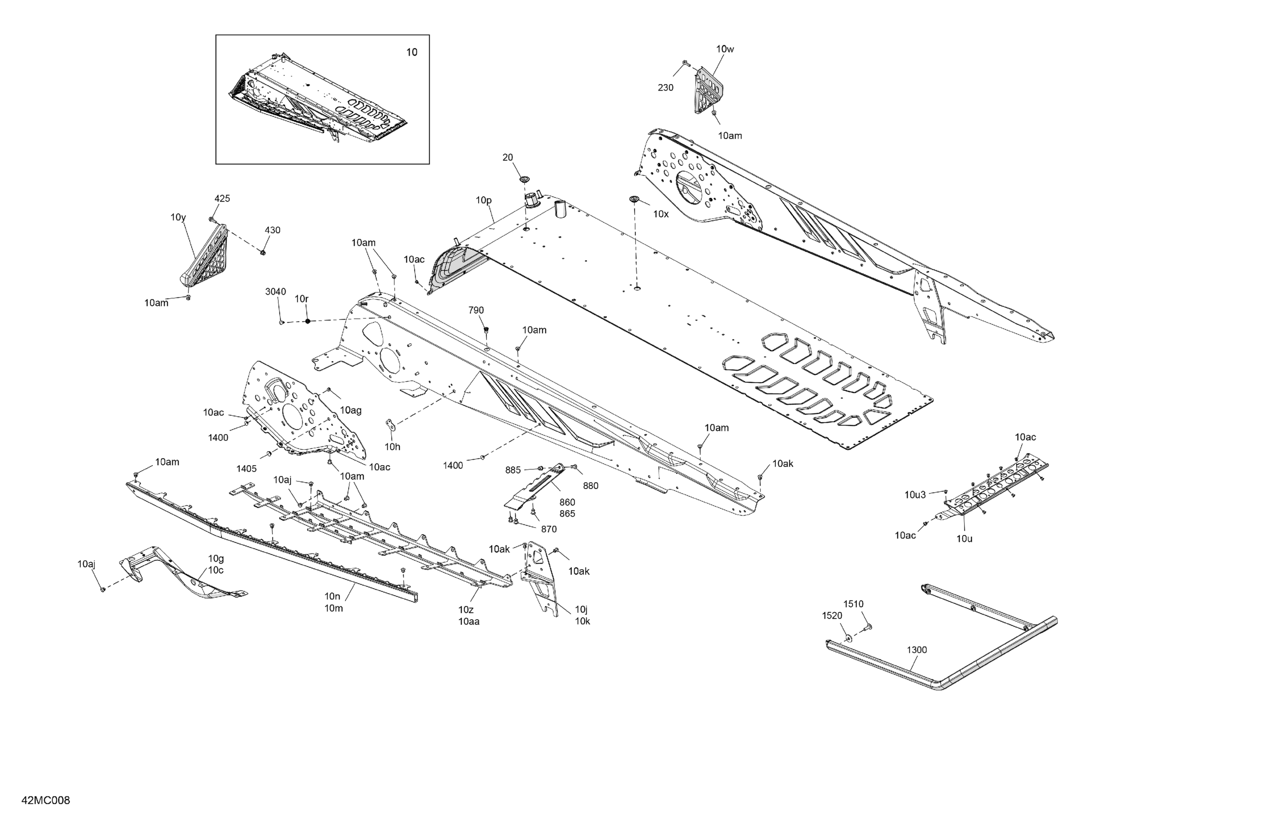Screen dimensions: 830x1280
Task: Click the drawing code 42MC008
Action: click(x=46, y=801)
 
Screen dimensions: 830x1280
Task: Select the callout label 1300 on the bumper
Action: click(x=916, y=650)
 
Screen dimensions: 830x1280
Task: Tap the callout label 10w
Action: click(x=724, y=49)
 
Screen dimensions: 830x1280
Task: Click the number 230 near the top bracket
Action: click(x=665, y=87)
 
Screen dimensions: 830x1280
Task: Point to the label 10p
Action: click(x=483, y=200)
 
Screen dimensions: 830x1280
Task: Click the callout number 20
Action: click(x=508, y=157)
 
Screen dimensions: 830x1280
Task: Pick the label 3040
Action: click(x=275, y=291)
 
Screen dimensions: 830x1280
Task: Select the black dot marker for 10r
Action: click(x=308, y=321)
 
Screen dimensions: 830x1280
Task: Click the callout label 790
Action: click(x=476, y=310)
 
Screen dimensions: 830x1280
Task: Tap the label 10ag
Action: click(x=351, y=411)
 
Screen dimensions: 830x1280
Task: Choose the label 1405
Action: click(x=246, y=469)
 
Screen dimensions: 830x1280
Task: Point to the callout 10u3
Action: click(x=915, y=495)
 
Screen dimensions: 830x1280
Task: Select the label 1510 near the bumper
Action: click(x=853, y=604)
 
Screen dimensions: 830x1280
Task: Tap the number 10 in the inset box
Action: click(x=411, y=52)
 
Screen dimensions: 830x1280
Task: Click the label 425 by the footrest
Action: click(x=222, y=198)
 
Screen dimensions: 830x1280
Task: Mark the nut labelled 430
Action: click(x=263, y=252)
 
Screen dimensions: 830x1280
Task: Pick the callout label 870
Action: click(x=549, y=529)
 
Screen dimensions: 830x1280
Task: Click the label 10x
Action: click(x=660, y=214)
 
